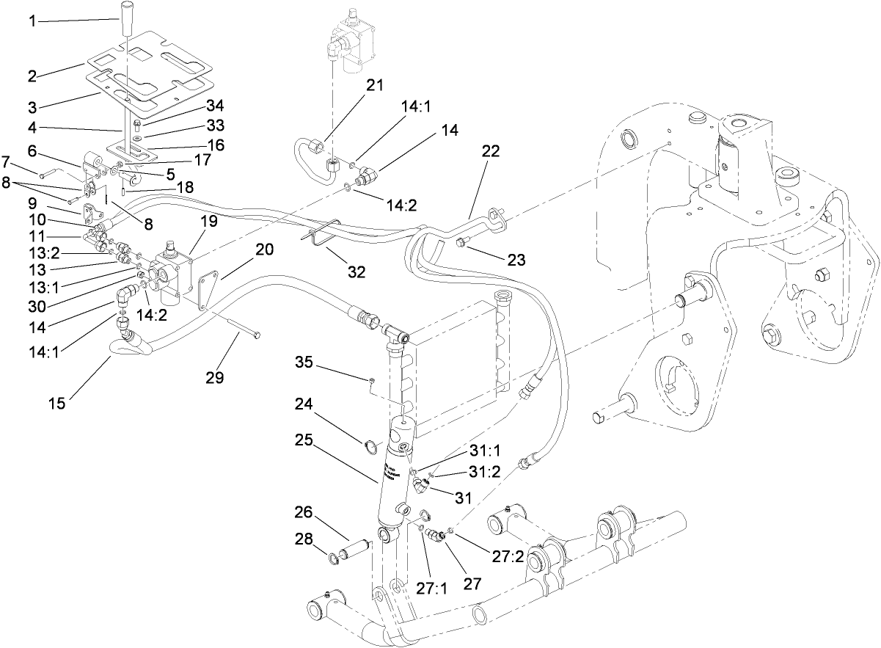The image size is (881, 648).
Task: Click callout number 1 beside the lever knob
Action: click(x=32, y=21)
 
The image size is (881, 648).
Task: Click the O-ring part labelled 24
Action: click(x=372, y=445)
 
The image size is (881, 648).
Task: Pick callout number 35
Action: click(x=305, y=363)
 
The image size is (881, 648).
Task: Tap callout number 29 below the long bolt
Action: click(x=215, y=377)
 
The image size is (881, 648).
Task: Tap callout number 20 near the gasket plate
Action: click(x=264, y=250)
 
